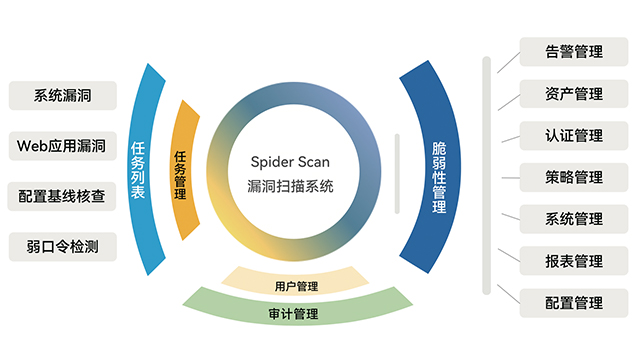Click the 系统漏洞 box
pos(62,96)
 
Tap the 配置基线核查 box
pos(62,196)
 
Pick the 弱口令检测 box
pos(62,245)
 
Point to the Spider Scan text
pos(290,160)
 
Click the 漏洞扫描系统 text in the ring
pos(290,187)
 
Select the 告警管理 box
pos(574,52)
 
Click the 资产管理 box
pos(574,94)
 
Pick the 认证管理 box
pos(574,135)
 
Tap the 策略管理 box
pos(574,177)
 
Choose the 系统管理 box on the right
pos(574,219)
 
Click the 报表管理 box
pos(574,261)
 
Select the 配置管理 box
pos(574,302)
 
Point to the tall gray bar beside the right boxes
pos(486,176)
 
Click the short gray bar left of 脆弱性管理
pos(397,176)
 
